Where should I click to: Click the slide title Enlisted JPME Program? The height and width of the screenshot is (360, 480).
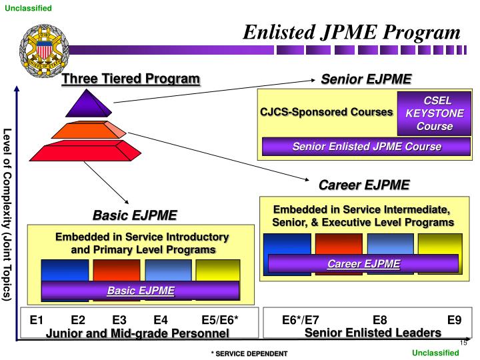coord(351,32)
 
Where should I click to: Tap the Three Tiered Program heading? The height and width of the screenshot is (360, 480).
coord(131,79)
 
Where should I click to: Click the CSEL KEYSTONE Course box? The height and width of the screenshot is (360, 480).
coord(434,113)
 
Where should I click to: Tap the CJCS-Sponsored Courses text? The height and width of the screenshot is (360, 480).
coord(326,112)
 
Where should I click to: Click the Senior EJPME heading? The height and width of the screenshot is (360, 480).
coord(366,79)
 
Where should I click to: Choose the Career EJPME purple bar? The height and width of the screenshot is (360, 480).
coord(363,264)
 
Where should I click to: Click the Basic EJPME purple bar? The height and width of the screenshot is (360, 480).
coord(141,291)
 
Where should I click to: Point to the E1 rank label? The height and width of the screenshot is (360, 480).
coord(37,320)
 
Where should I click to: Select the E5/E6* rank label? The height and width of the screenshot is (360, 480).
coord(219,320)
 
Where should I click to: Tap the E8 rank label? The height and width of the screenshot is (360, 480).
coord(379,320)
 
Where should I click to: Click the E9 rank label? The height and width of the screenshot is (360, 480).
coord(454,320)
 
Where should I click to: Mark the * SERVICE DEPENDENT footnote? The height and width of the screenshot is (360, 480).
coord(249,353)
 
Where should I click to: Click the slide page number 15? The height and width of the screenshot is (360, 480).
coord(463,343)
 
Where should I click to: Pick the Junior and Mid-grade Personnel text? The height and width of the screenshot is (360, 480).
coord(137,333)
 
